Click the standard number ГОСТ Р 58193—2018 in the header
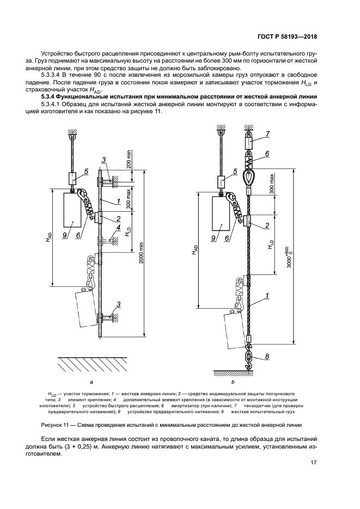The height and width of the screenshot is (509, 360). (286, 37)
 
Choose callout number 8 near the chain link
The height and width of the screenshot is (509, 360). (267, 358)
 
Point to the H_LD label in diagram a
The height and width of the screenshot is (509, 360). (127, 232)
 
